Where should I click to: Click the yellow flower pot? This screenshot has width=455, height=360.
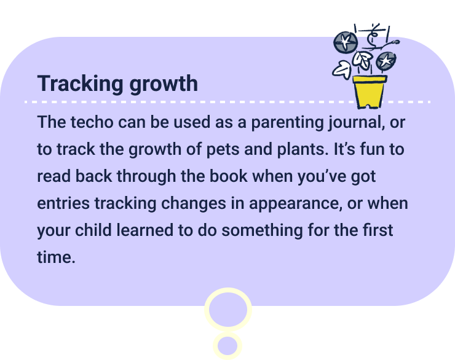point(369,91)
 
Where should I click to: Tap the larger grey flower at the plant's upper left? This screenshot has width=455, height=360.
point(346,42)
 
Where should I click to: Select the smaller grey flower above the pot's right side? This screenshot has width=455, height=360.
point(386,60)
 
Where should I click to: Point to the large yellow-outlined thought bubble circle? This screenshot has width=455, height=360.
point(228,310)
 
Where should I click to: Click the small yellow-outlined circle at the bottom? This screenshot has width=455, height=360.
point(228,345)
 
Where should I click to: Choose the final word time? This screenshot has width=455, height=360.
point(55,257)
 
